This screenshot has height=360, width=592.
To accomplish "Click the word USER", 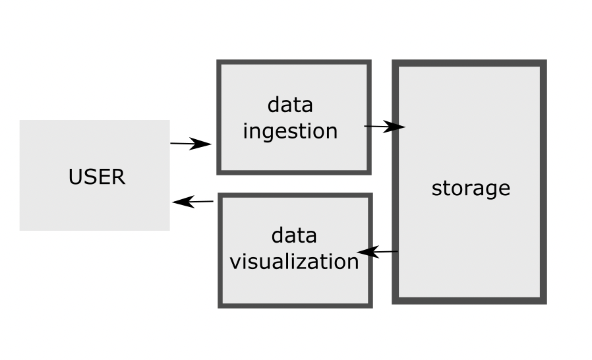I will coord(96,177).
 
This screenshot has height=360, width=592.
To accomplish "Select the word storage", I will coord(471,188).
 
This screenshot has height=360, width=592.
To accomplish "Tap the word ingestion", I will coord(290,131).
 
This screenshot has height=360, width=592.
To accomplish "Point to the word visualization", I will coord(294,261).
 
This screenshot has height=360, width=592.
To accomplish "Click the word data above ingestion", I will coord(290,105).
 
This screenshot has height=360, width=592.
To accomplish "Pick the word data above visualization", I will coord(294,235).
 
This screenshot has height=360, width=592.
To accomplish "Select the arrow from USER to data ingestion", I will coord(190,144).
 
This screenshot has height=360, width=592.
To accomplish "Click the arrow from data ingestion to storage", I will coord(384,127).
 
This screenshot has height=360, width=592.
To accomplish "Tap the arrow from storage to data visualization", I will coord(378,252).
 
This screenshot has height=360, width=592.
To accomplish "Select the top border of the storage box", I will coord(469,63).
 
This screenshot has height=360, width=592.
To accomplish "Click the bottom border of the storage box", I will coord(469,301).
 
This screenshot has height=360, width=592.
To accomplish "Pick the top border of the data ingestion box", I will coord(294,63).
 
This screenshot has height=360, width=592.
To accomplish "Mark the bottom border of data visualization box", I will coord(295,305).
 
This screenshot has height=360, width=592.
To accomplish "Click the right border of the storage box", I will coord(543,181).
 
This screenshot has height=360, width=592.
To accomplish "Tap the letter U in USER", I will coord(74,177).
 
